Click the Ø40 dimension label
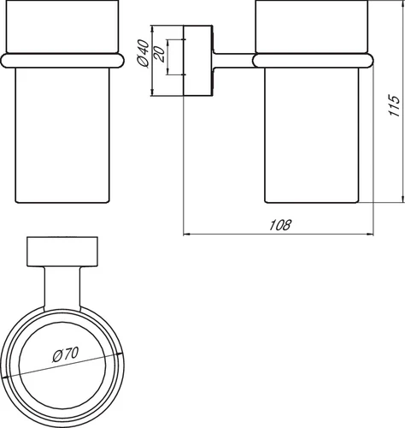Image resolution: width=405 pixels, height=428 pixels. coord(143,53)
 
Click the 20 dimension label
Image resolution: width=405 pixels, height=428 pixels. coord(159,54)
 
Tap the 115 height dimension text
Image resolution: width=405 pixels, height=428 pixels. coord(395,105)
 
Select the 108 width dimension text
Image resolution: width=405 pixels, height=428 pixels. coord(280,225)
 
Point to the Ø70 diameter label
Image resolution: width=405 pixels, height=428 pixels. coord(65,354)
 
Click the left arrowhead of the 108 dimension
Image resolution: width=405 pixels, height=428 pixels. coord(186,235)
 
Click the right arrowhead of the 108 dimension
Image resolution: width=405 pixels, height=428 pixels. coord(370,235)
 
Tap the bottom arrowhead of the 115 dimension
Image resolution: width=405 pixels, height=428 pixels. coord(402,199)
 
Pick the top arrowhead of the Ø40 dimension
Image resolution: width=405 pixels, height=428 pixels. coord(152,29)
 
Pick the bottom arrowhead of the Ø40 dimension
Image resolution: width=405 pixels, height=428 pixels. coord(152,92)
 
